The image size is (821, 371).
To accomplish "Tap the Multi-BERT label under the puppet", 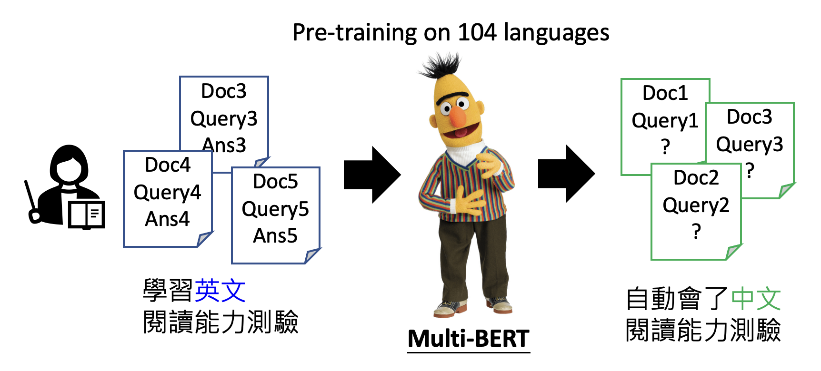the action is pos(469,339).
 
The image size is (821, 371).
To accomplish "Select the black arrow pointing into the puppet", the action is pos(372,175).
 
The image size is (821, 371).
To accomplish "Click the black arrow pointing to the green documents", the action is pos(566,174).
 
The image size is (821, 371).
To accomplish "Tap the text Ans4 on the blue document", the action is pos(167,219).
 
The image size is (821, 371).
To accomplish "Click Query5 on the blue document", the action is pos(275,209).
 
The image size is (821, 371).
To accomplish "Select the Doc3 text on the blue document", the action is pos(224,91).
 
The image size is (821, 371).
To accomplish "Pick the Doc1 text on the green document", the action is pos(665,93).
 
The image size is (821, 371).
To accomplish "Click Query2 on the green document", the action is pos(696,205).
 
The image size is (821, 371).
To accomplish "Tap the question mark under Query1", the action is pos(666,146).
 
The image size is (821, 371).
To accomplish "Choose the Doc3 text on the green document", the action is pos(750,117).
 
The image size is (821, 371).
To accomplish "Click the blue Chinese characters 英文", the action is pos(220,291).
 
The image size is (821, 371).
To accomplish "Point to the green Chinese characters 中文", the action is pos(756,299).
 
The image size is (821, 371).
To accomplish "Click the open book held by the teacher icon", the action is pos(86,215).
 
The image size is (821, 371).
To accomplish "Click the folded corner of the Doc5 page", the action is pos(312,255).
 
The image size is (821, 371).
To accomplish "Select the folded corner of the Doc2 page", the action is pos(734,252).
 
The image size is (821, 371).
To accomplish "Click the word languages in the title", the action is pos(556,33).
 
